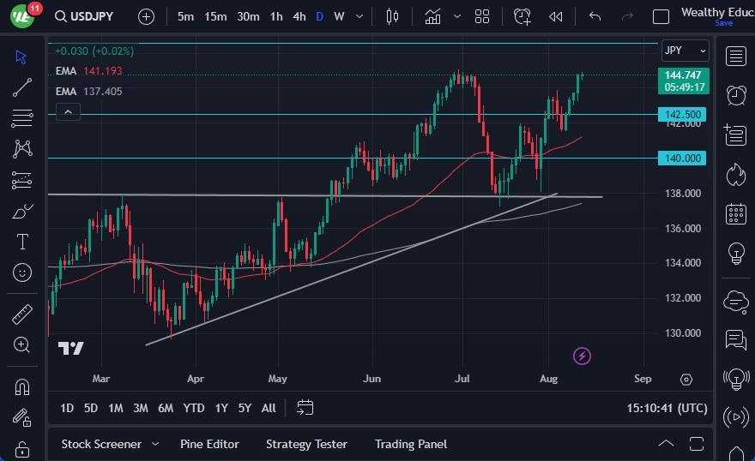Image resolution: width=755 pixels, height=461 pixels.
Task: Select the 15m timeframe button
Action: tap(215, 16)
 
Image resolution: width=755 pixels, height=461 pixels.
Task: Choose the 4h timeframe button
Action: tap(299, 16)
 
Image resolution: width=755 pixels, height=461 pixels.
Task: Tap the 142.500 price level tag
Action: tap(683, 114)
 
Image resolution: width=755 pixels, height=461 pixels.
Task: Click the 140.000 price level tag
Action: tap(683, 158)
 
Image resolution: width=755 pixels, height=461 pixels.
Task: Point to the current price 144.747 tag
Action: tap(684, 75)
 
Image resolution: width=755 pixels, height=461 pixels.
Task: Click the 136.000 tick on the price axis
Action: tap(683, 228)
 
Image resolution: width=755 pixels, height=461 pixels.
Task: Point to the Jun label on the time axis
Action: tap(371, 378)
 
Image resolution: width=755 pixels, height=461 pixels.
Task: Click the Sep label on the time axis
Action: tap(643, 378)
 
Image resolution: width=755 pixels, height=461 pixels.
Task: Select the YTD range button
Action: tap(194, 408)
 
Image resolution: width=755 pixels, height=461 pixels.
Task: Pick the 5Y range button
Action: tap(245, 408)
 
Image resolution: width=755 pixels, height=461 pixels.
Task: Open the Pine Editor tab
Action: tap(209, 444)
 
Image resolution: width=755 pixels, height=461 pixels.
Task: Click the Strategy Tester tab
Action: tap(306, 444)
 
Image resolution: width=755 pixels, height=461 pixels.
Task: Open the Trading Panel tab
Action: tap(410, 444)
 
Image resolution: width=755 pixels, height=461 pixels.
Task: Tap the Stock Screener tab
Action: tap(101, 444)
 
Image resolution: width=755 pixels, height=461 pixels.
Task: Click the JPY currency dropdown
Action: tap(685, 51)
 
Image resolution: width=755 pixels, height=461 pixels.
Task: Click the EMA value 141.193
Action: tap(103, 71)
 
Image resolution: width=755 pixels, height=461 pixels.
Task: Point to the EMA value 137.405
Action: tap(103, 91)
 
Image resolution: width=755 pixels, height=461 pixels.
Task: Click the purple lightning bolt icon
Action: tap(583, 356)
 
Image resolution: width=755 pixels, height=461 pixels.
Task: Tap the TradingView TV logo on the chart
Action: tap(70, 348)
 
